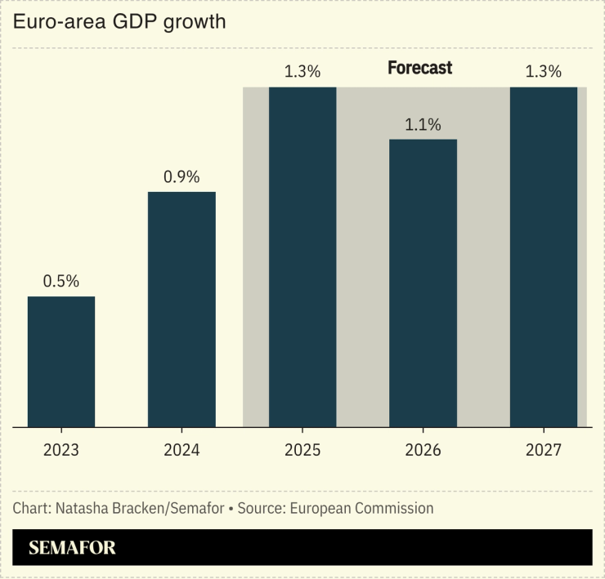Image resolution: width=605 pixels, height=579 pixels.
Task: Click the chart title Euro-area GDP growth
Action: click(x=119, y=22)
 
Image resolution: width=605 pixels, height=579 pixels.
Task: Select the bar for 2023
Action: click(x=61, y=362)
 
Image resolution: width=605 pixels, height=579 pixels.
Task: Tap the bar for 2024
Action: click(x=181, y=310)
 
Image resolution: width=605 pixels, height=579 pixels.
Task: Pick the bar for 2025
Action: click(x=302, y=257)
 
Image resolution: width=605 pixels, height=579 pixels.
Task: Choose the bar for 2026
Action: click(x=423, y=283)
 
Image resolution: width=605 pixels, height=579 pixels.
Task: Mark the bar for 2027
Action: click(x=544, y=257)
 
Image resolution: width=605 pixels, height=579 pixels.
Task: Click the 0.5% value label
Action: click(x=61, y=282)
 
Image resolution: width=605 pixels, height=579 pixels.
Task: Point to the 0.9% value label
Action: click(x=181, y=177)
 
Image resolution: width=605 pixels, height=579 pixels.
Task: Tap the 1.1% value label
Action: click(x=423, y=125)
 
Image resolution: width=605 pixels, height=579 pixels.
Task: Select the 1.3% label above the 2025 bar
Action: click(x=302, y=72)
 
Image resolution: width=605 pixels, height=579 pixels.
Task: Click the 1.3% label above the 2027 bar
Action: click(x=544, y=72)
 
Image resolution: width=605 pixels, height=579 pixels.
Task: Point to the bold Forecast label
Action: click(x=419, y=68)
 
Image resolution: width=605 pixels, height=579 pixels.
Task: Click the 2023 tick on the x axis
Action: click(x=61, y=450)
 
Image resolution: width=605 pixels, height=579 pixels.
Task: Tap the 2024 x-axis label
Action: click(x=181, y=450)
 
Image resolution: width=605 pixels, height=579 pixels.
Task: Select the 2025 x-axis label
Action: click(x=302, y=450)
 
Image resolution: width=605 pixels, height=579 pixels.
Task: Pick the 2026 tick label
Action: click(x=423, y=450)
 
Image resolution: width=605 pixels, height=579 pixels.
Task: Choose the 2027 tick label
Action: click(x=544, y=450)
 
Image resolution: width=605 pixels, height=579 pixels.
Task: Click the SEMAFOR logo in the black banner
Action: click(x=72, y=548)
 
